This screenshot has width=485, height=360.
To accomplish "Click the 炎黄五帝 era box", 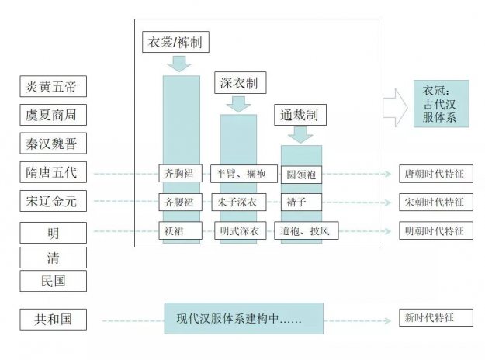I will (x=53, y=86).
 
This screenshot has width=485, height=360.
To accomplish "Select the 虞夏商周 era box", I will (x=53, y=115).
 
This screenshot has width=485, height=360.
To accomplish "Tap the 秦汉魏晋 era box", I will (x=53, y=144).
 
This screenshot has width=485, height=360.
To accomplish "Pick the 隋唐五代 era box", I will (x=53, y=173).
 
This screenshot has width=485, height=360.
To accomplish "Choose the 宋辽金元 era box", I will (x=53, y=202).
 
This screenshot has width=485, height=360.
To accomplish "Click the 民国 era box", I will (x=53, y=280).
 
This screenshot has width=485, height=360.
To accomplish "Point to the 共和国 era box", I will (x=53, y=319).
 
